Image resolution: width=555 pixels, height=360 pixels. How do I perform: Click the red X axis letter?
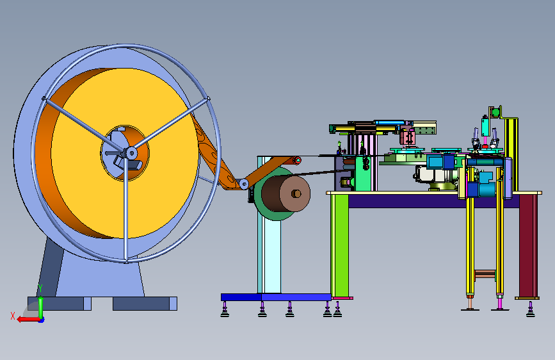pyautogui.click(x=13, y=316)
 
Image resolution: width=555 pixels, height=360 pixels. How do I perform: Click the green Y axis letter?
pyautogui.click(x=40, y=288)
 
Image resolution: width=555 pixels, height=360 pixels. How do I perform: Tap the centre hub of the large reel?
pyautogui.click(x=131, y=153)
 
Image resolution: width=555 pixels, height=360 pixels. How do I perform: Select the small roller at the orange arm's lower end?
pyautogui.click(x=243, y=184)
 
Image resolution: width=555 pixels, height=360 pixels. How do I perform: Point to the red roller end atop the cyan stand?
pyautogui.click(x=298, y=161)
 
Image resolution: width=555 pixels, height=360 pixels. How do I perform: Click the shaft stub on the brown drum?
pyautogui.click(x=296, y=193)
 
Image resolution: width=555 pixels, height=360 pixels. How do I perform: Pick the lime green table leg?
pyautogui.click(x=340, y=246)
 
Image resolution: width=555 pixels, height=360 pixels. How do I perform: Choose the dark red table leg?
pyautogui.click(x=529, y=246)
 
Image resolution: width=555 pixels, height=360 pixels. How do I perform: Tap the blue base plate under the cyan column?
pyautogui.click(x=276, y=297)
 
